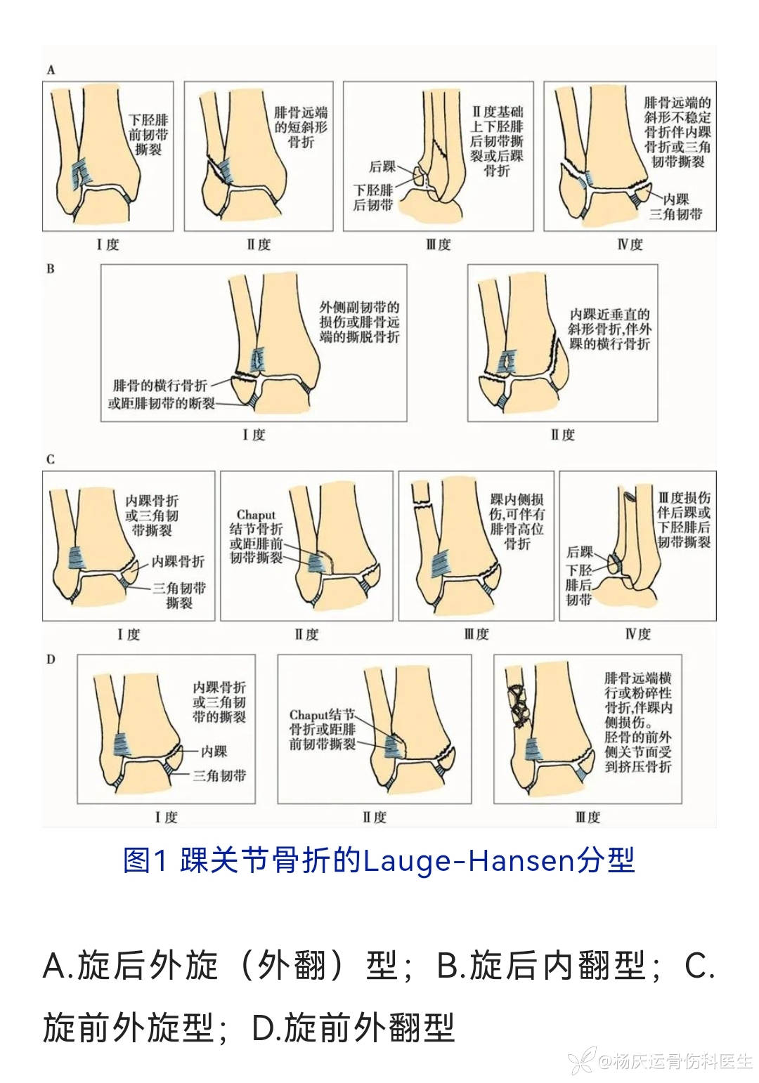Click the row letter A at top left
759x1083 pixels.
[x=51, y=70]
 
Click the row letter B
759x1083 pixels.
[x=51, y=269]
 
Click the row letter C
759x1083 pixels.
[x=51, y=459]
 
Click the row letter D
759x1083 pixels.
[x=51, y=659]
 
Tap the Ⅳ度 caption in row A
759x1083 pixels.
[x=630, y=244]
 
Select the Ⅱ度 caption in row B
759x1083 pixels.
[x=563, y=435]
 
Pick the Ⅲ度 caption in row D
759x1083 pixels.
[x=588, y=818]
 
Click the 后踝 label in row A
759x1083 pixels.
[x=382, y=166]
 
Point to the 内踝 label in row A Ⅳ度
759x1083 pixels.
[x=676, y=199]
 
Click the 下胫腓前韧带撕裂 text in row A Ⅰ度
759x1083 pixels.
[x=148, y=134]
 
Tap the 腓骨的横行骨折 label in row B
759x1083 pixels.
[x=160, y=386]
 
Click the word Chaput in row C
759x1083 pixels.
[x=256, y=514]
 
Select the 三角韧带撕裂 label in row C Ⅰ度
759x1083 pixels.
[x=179, y=595]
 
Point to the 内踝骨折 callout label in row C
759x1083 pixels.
[x=178, y=561]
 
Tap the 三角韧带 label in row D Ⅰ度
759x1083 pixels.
[x=219, y=775]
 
